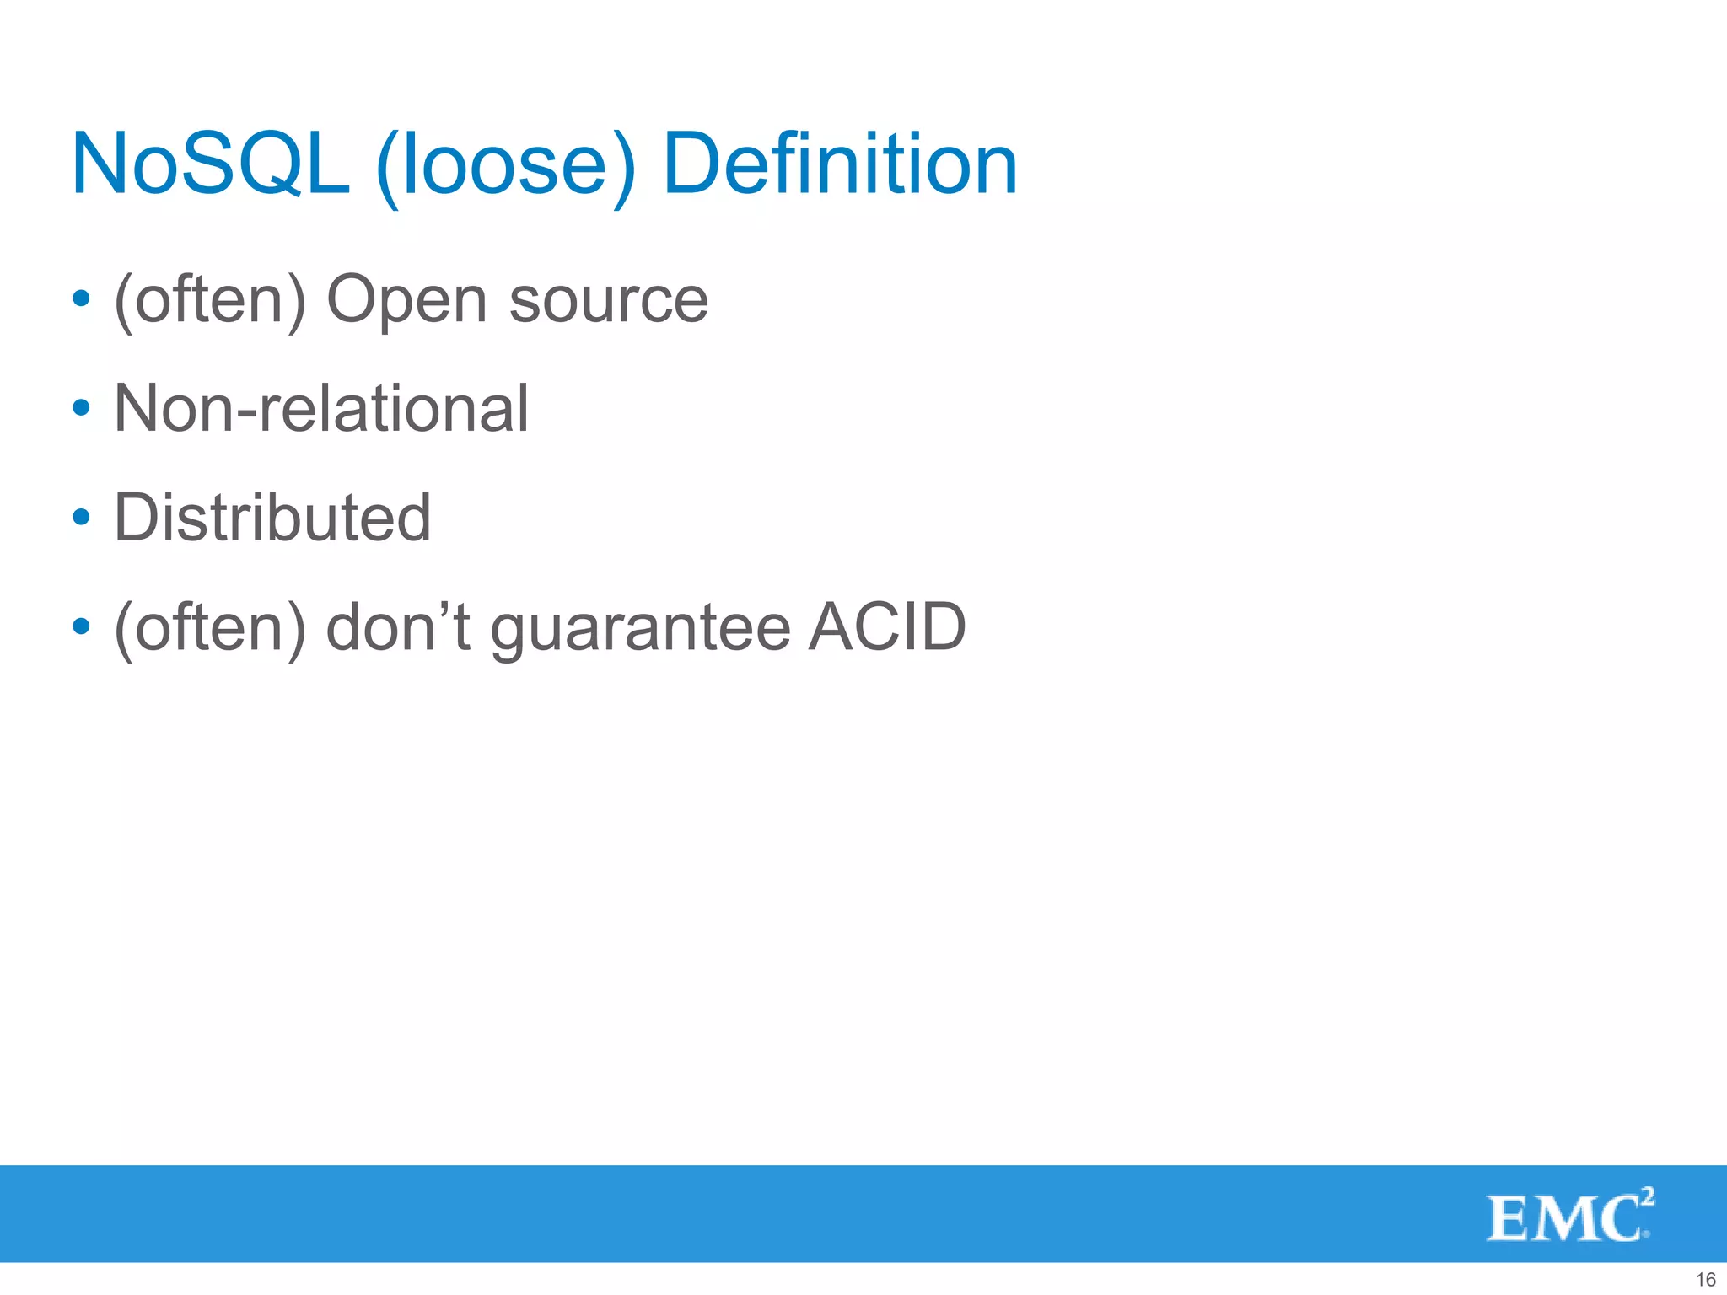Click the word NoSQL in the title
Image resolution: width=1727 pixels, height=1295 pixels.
pos(211,164)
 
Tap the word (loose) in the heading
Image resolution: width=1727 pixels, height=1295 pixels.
pos(504,167)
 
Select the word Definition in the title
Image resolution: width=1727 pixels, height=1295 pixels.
pos(840,164)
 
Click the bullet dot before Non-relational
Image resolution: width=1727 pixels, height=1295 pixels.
pos(81,408)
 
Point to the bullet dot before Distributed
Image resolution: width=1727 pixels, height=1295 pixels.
pos(81,517)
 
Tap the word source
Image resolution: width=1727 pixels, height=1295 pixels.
pos(608,300)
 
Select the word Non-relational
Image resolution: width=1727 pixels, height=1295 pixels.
pos(321,408)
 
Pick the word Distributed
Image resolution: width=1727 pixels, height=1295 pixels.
pos(272,517)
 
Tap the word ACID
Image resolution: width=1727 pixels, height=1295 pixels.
pos(886,626)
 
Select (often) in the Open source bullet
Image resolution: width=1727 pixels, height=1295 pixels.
pos(210,300)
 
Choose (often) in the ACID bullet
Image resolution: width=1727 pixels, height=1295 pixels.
pos(210,628)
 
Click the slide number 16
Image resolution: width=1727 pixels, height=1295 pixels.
pos(1705,1279)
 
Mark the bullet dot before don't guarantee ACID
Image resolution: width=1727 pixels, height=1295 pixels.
pos(81,626)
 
